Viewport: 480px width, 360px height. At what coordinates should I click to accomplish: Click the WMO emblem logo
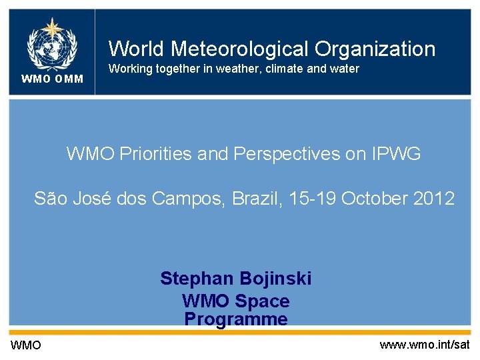pos(51,43)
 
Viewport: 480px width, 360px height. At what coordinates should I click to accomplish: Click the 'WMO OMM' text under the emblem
pos(52,79)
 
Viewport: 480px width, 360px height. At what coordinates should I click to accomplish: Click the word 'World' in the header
pos(137,49)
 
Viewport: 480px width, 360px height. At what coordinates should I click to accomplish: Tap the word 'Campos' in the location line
pos(187,199)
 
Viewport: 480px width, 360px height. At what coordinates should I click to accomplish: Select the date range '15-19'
pos(314,199)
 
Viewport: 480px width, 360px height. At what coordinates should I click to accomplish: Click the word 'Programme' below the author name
pos(236,319)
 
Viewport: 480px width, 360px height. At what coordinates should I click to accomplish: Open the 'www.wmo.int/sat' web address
pos(425,345)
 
